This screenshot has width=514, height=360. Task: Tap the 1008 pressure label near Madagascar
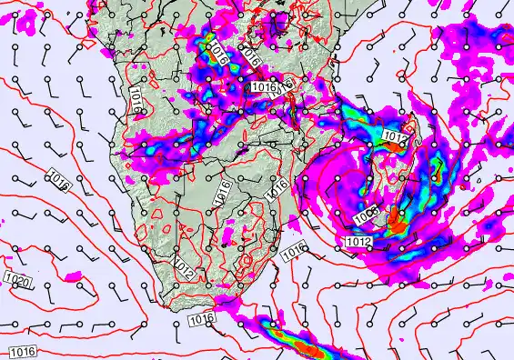point(365,216)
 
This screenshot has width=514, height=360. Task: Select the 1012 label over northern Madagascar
point(394,137)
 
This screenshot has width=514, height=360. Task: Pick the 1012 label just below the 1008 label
point(358,242)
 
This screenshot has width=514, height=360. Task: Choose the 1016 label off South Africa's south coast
point(202,319)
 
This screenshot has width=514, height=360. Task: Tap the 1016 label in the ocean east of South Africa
point(293,249)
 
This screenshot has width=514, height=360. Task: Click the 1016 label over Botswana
point(221,192)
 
